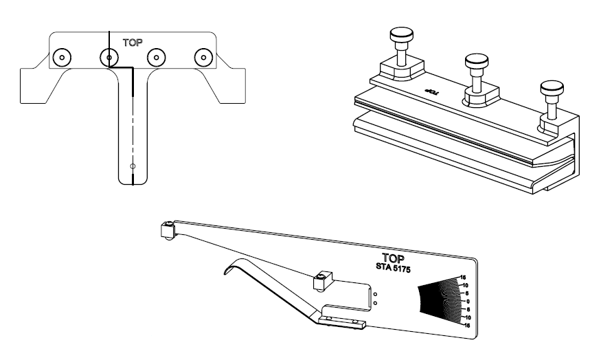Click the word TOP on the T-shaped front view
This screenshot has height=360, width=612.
[133, 42]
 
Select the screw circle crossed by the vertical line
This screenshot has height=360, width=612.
[109, 56]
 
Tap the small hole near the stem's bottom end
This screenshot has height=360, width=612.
[133, 166]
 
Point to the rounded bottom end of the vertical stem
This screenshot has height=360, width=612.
[133, 180]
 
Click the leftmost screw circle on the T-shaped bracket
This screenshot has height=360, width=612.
[61, 56]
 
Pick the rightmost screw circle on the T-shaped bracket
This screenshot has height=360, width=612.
[203, 56]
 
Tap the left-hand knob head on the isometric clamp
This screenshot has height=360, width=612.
[398, 34]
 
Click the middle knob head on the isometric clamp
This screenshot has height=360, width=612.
[475, 61]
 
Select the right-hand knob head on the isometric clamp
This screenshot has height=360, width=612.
[549, 88]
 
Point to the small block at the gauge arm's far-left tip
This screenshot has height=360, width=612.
[167, 230]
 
